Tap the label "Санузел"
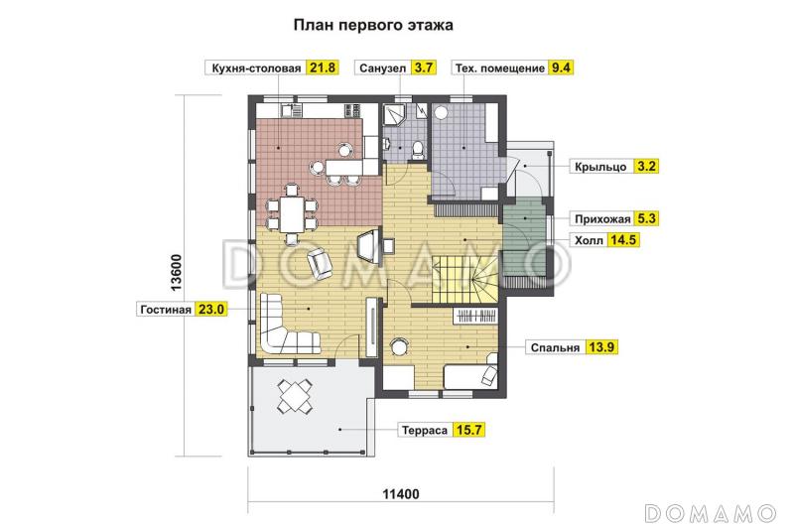382,68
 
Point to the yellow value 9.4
562,68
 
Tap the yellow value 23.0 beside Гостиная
211,309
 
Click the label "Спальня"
556,347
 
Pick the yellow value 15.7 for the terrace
467,430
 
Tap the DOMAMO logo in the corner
709,512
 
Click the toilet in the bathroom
418,149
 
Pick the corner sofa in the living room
283,328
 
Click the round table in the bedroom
400,346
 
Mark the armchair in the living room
321,263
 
